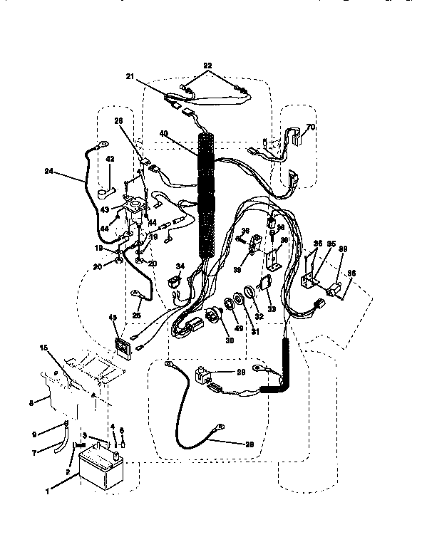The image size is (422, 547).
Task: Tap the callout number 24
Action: (x=48, y=171)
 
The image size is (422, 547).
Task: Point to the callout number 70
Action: (x=310, y=128)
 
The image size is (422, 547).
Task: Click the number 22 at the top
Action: (x=207, y=65)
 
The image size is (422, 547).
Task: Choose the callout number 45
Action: (x=112, y=318)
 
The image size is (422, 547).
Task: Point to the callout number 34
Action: (x=180, y=266)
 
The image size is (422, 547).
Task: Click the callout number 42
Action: (x=110, y=160)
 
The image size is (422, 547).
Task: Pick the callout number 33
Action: (x=272, y=308)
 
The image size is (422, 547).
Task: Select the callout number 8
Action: (x=30, y=402)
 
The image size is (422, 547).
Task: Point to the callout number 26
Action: (x=118, y=121)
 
